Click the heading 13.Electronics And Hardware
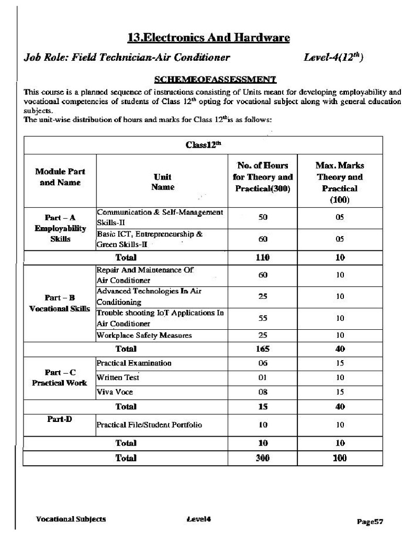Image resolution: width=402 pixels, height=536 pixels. [x=208, y=38]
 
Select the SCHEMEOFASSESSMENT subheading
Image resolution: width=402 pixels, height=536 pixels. [x=215, y=80]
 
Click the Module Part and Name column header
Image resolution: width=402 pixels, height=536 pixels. [x=60, y=177]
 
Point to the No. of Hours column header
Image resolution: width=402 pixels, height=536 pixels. [x=263, y=177]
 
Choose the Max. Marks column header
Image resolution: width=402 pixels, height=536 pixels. [x=340, y=182]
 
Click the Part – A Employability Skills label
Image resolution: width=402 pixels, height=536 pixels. [x=60, y=228]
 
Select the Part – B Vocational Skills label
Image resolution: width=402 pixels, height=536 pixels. [x=60, y=303]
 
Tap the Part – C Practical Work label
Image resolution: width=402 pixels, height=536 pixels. [x=60, y=377]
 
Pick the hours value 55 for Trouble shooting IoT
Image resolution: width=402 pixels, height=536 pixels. [x=263, y=318]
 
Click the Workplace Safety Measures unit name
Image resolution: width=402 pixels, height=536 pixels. [x=144, y=335]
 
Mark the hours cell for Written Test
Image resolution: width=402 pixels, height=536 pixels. [x=263, y=377]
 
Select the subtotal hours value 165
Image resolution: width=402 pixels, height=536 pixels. [x=263, y=348]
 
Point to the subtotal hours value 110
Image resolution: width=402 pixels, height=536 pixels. [x=263, y=257]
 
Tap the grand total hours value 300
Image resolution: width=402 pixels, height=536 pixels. [x=263, y=458]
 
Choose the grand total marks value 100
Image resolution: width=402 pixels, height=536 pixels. [x=340, y=458]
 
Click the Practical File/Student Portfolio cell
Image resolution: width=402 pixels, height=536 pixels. [x=149, y=425]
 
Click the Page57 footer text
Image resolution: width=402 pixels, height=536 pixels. [x=371, y=521]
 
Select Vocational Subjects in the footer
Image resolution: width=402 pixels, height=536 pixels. [x=71, y=519]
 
